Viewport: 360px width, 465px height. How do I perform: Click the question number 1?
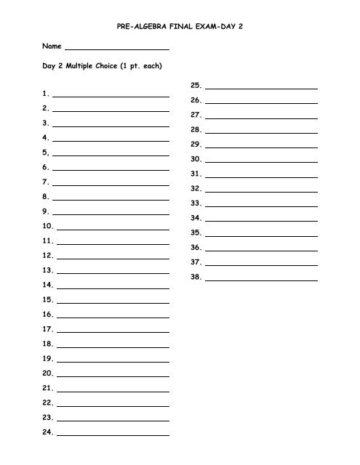click(45, 94)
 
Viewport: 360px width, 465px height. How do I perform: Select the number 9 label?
click(45, 211)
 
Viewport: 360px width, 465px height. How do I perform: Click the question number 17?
click(48, 329)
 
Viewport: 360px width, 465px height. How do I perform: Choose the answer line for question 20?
click(113, 376)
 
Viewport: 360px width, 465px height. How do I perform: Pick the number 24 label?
click(48, 432)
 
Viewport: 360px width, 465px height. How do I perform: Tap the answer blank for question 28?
click(262, 132)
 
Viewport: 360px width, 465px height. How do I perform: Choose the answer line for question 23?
click(113, 420)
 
